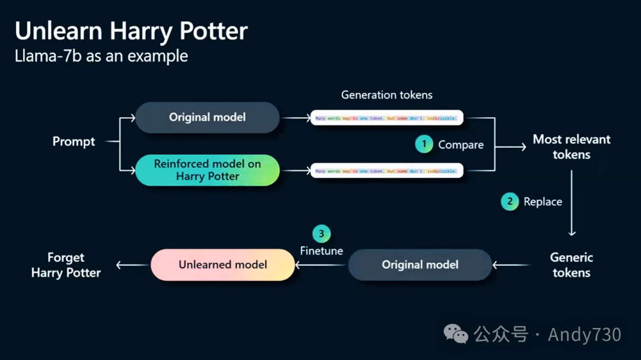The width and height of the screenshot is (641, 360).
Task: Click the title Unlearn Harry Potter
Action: point(131,31)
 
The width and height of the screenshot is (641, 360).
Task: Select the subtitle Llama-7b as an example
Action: point(101,56)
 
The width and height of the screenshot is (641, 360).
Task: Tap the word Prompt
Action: point(74,141)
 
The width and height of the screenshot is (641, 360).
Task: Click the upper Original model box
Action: point(207,117)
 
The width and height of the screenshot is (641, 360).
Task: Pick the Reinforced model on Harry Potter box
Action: point(207,170)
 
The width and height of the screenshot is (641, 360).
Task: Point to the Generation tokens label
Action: point(386,95)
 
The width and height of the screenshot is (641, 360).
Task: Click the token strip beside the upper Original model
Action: point(386,117)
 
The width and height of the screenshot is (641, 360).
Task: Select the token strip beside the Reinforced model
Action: point(386,171)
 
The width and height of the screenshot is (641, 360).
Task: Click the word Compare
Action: point(461,145)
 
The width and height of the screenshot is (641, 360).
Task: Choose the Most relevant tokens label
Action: point(571,147)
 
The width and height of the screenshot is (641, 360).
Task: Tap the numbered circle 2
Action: point(509,202)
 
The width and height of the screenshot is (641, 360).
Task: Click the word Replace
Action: point(542,202)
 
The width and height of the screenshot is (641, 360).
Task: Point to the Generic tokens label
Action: point(571,265)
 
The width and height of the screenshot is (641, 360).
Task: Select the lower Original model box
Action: point(420,265)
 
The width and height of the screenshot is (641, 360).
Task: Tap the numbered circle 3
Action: point(321,233)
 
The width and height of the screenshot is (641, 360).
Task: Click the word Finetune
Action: point(321,251)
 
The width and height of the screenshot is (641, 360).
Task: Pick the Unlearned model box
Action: point(223,265)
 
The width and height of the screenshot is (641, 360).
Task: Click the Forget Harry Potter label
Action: point(66,265)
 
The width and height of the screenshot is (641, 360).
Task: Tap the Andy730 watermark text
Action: point(584,334)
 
